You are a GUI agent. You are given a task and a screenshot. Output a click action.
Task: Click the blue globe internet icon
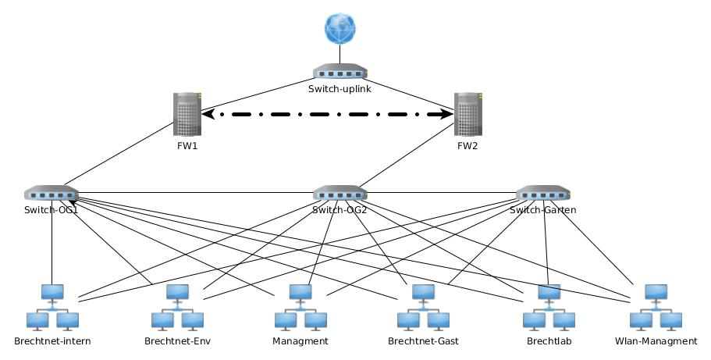tap(340, 29)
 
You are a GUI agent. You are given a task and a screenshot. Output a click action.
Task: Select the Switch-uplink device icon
tap(340, 72)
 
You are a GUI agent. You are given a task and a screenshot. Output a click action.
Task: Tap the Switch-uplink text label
tap(340, 89)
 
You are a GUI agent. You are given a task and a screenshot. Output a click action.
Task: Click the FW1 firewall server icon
tap(187, 116)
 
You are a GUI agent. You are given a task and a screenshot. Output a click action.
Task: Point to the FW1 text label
tap(187, 146)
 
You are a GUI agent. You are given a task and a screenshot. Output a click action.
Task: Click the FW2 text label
tap(467, 146)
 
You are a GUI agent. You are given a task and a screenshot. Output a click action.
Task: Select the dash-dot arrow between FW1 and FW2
tap(328, 115)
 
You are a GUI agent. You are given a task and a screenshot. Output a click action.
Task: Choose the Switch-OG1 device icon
tap(52, 193)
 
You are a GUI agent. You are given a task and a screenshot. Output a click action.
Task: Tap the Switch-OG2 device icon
tap(340, 193)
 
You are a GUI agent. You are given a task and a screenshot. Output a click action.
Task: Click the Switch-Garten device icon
tap(543, 193)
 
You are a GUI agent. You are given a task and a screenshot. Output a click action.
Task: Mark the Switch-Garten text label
tap(543, 210)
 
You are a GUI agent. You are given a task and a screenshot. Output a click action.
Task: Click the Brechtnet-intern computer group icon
tap(52, 308)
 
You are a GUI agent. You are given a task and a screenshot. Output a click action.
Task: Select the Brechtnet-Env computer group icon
tap(177, 308)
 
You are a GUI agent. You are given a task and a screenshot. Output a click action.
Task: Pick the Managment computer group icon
tap(300, 308)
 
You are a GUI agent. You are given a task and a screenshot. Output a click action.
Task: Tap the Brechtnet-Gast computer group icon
tap(423, 308)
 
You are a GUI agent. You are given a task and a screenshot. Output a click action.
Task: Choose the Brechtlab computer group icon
tap(549, 308)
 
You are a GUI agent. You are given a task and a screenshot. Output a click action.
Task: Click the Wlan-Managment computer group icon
tap(656, 308)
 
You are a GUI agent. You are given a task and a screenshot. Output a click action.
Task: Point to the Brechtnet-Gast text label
tap(423, 341)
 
